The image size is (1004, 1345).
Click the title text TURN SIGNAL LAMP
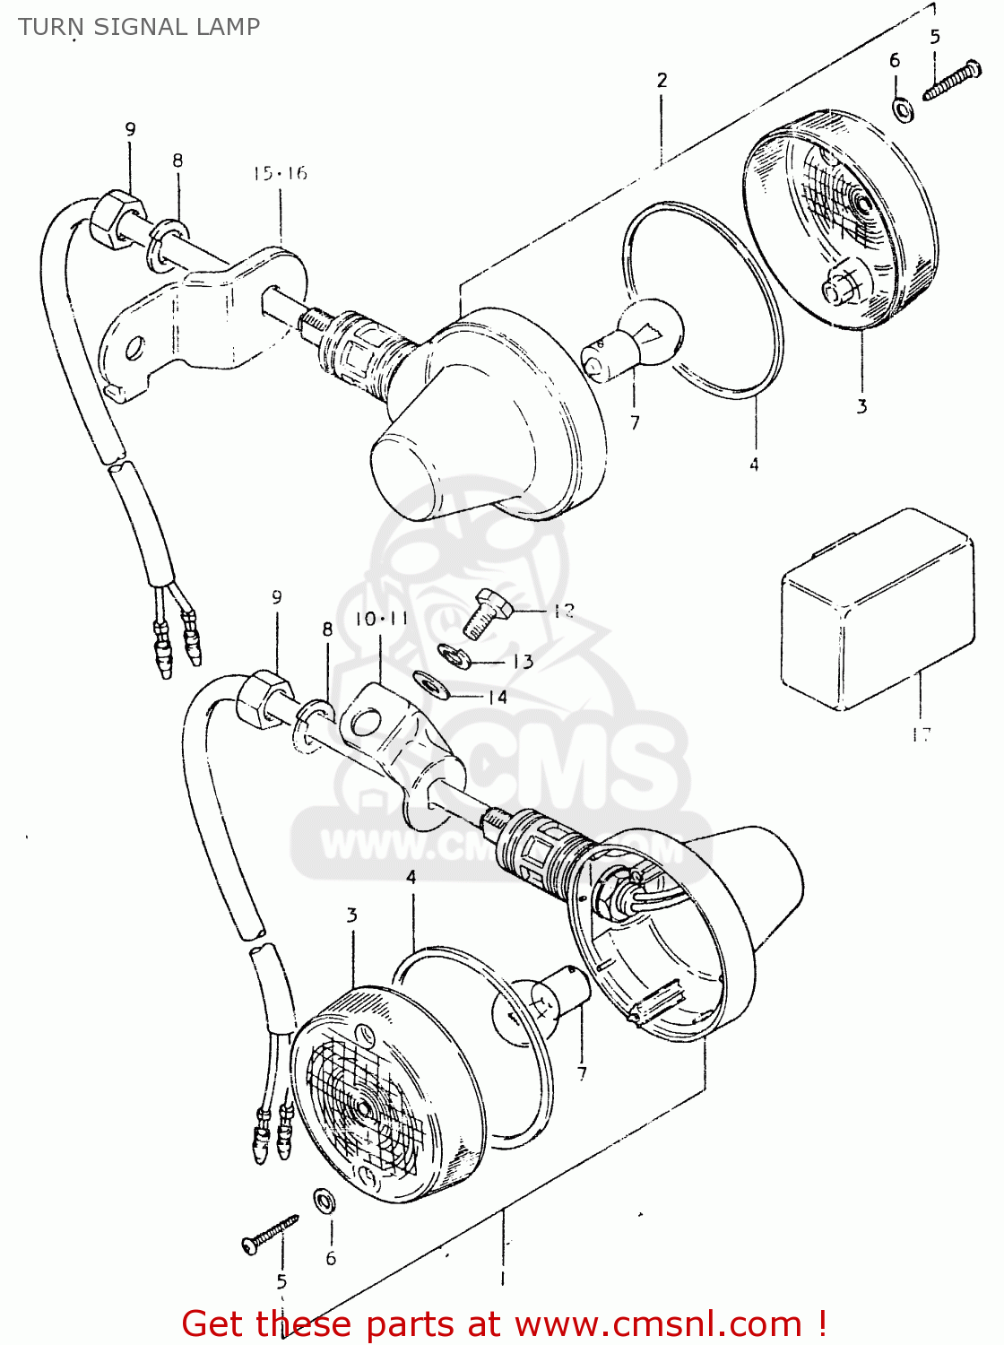(x=139, y=27)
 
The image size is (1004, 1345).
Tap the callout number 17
(x=921, y=734)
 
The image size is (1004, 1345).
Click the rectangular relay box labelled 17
(x=877, y=610)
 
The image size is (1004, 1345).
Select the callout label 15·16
(x=280, y=173)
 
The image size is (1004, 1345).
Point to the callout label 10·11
(x=381, y=619)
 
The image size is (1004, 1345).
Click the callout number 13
(x=523, y=662)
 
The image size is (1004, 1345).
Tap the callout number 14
(x=497, y=697)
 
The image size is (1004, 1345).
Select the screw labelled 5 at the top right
(x=952, y=80)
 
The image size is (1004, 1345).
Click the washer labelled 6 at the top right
(x=903, y=109)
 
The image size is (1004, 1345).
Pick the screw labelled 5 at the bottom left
(x=269, y=1234)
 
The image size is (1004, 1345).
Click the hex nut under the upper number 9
(x=117, y=220)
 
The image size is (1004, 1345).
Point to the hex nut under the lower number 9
(x=264, y=699)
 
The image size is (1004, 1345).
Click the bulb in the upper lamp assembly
(x=637, y=338)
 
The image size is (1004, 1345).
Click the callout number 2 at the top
(x=662, y=81)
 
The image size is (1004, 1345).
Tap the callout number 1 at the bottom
(x=502, y=1278)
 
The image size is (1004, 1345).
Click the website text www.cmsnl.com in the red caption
(x=659, y=1323)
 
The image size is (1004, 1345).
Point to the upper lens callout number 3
(x=861, y=406)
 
